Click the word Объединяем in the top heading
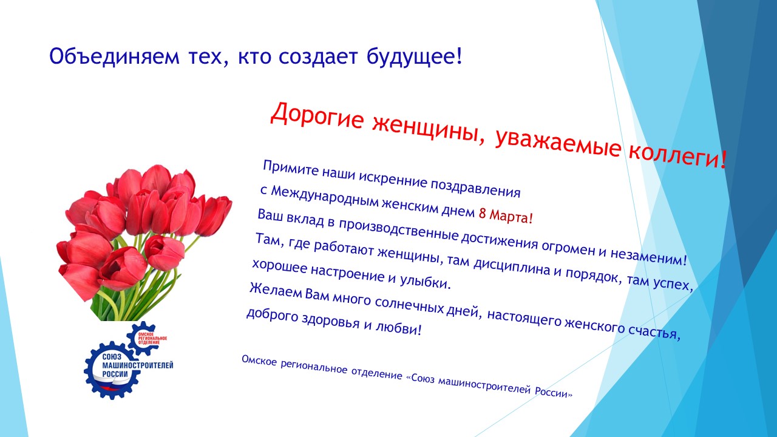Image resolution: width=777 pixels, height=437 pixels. point(115,57)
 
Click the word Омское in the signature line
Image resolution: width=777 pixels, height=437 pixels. point(259,361)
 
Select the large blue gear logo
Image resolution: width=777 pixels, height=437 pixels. point(112,370)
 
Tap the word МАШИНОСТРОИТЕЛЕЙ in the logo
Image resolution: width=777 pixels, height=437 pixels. point(138,365)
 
